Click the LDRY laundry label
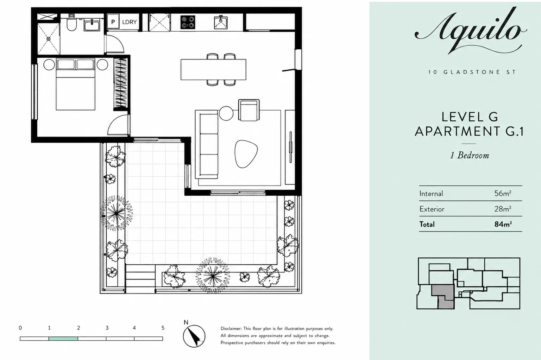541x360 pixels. click(130, 22)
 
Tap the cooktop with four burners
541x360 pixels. click(188, 22)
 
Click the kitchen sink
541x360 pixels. click(221, 23)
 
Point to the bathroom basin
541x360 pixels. click(92, 25)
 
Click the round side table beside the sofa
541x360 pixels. click(226, 113)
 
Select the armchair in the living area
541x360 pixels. click(249, 110)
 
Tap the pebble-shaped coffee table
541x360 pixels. click(246, 153)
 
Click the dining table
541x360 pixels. click(214, 70)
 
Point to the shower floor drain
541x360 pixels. click(49, 39)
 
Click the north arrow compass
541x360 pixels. click(194, 336)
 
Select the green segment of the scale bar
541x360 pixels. click(63, 339)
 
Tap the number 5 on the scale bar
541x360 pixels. click(163, 328)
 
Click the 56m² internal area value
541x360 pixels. click(503, 193)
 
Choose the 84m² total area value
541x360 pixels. click(503, 224)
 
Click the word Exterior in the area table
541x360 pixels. click(432, 209)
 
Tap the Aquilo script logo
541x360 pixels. click(471, 31)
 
